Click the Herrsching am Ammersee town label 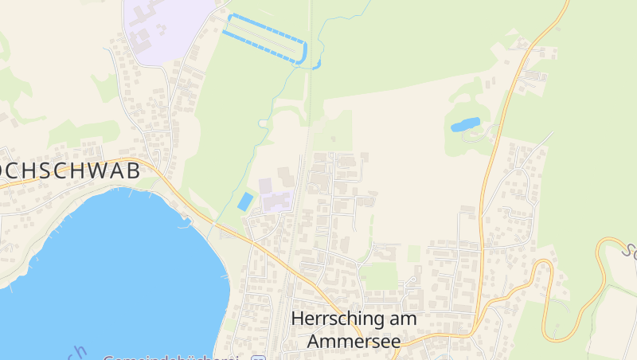click(x=354, y=329)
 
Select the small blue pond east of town click(x=465, y=124)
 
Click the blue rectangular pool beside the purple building click(x=246, y=202)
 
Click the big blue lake click(x=104, y=271)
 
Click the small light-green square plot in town click(x=414, y=253)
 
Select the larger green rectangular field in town click(x=379, y=276)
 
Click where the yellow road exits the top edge click(x=568, y=2)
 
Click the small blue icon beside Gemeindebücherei click(x=257, y=358)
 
